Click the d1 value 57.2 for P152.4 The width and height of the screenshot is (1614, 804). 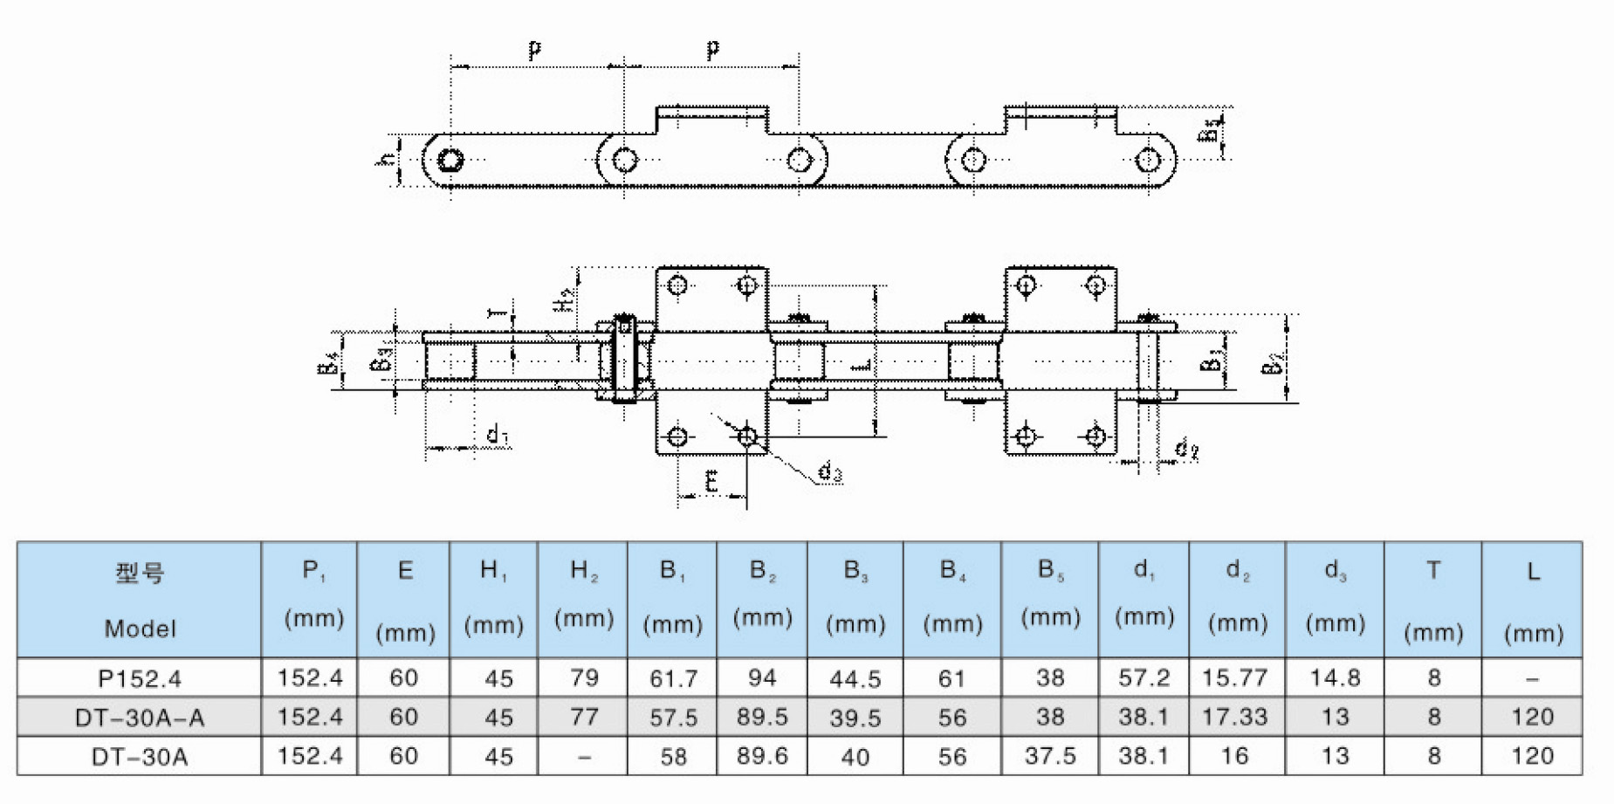click(x=1144, y=678)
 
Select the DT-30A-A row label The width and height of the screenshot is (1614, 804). click(x=140, y=718)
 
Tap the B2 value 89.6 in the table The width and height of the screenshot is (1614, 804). click(x=762, y=756)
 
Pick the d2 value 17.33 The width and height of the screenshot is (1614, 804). click(x=1234, y=718)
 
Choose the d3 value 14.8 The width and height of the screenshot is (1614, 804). click(x=1335, y=678)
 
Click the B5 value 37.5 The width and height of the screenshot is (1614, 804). click(x=1050, y=756)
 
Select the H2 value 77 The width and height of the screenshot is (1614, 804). click(x=584, y=718)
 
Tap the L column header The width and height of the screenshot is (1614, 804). click(x=1533, y=600)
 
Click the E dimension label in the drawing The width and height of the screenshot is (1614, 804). click(x=711, y=481)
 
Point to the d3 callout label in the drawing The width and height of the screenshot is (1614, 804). click(x=829, y=473)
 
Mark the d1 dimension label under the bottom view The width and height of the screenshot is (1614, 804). click(x=497, y=434)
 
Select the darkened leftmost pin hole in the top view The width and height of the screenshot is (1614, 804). click(x=450, y=161)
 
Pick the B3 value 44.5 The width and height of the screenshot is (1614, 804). click(x=855, y=678)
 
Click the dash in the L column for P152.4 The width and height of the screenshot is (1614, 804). click(x=1533, y=678)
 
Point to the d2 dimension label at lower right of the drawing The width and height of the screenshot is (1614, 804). click(x=1185, y=450)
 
